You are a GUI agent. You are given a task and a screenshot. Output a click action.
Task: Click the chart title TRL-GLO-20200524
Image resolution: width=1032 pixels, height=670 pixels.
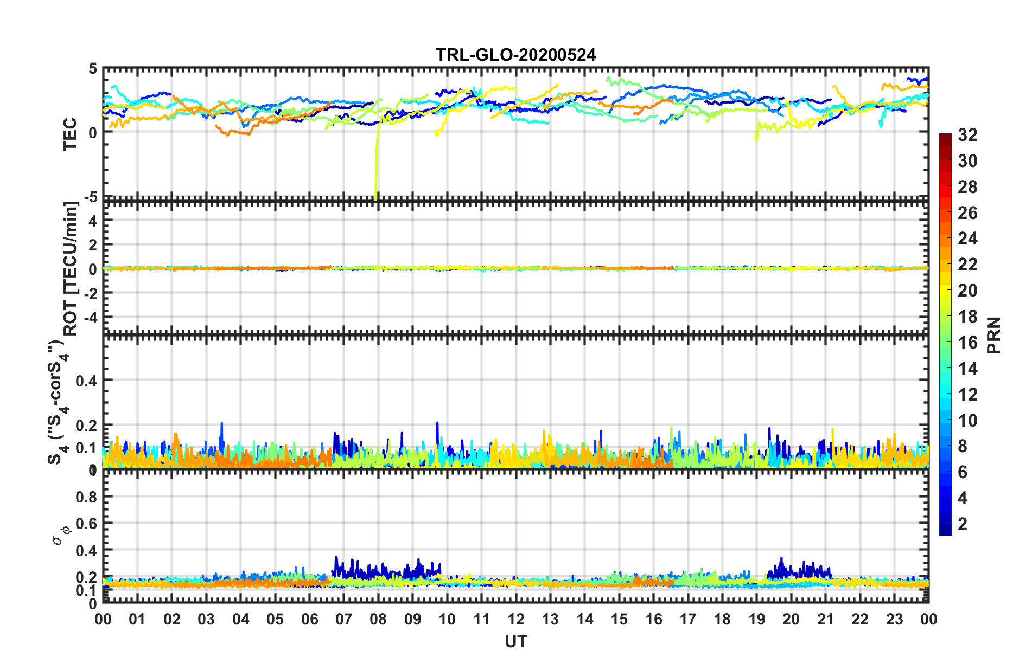515,55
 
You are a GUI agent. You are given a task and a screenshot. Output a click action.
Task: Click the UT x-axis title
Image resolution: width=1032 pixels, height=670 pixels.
515,641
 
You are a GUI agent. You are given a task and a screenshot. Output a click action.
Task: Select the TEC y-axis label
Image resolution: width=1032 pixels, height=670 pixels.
71,135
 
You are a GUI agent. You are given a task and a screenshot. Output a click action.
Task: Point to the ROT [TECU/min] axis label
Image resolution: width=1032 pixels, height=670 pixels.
71,269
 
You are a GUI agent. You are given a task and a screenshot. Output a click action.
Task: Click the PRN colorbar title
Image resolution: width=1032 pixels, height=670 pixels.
993,335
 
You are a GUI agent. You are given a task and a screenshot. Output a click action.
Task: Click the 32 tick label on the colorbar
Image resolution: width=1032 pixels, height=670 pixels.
967,135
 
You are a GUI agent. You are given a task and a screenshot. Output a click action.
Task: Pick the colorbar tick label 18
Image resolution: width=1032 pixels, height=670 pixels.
967,317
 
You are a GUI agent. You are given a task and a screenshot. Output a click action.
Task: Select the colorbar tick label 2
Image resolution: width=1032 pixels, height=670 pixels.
963,524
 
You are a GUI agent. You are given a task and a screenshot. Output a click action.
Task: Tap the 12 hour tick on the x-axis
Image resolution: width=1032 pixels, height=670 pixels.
515,620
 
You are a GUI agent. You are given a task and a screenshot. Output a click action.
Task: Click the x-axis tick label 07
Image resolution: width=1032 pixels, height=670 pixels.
343,620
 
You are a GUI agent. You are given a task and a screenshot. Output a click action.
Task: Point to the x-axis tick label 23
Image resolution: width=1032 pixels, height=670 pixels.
894,620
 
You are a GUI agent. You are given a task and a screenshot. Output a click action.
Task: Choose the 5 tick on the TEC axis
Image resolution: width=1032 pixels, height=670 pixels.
93,69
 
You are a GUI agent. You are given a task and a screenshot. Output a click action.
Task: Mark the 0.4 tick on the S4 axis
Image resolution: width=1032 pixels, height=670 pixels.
86,381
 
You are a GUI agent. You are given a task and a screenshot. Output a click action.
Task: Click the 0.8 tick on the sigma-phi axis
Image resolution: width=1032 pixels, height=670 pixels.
86,497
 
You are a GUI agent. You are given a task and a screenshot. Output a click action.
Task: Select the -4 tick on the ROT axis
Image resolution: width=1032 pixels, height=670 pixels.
90,316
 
